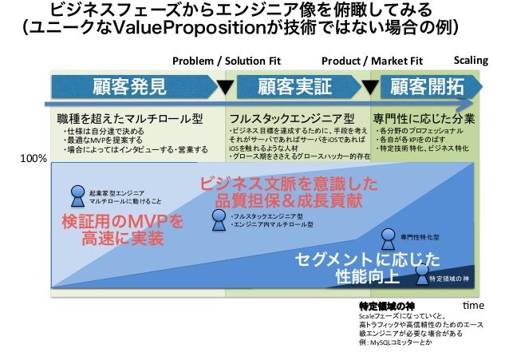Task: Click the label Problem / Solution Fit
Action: (x=227, y=61)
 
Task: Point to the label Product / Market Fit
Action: (x=372, y=61)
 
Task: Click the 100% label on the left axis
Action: (x=34, y=160)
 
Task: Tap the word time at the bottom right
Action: (x=474, y=306)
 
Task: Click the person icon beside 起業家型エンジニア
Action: (x=77, y=194)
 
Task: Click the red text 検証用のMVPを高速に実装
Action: (x=122, y=229)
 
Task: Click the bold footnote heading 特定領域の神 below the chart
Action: (x=387, y=306)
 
